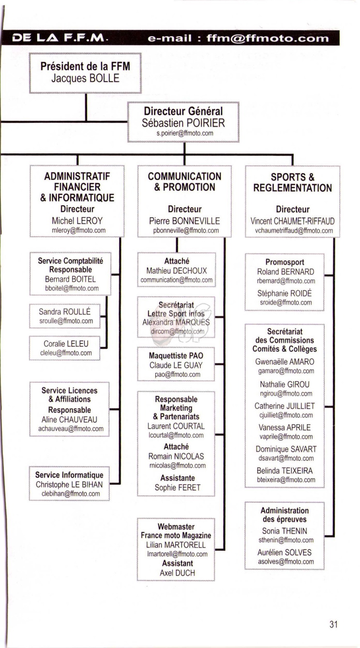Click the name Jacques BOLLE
pos(85,78)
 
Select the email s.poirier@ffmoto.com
pos(185,133)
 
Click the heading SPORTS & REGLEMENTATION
pos(293,182)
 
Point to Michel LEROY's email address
pos(79,230)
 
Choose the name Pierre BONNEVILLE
pos(185,221)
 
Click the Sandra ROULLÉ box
pos(65,316)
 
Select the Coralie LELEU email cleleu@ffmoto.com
pos(66,353)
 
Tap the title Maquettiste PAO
pos(176,355)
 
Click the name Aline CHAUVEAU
pos(70,420)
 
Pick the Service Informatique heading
pos(69,475)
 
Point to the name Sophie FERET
pos(178,487)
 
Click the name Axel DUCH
pos(178,573)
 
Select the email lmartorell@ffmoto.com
pos(178,554)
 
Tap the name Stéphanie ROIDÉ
pos(284,293)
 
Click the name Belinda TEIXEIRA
pos(285,470)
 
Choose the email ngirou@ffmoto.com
pos(286,394)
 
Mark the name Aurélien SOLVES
pos(284,552)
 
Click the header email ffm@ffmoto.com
pos(268,38)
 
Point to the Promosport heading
pos(285,262)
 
